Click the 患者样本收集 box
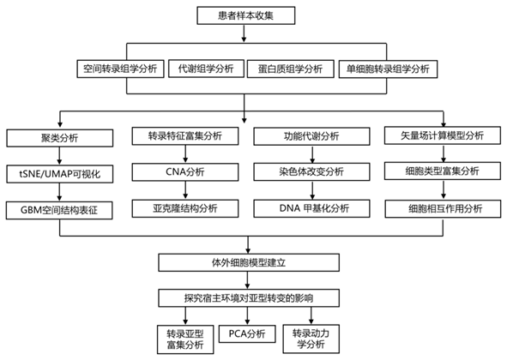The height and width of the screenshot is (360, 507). (x=245, y=15)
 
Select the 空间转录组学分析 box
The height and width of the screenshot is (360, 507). (x=120, y=69)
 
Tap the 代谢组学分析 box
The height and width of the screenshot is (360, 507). (x=206, y=69)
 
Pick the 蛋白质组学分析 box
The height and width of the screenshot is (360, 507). (x=290, y=69)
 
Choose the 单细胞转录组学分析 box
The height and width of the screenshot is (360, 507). (x=388, y=69)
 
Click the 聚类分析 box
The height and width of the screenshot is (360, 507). (x=59, y=138)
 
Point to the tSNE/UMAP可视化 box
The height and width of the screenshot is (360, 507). (x=59, y=174)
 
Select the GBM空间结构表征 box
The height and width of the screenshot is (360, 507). (x=59, y=210)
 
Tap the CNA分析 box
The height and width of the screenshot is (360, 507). (x=185, y=172)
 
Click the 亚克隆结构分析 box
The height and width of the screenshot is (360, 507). (x=185, y=208)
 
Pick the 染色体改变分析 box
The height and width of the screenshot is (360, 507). (x=311, y=171)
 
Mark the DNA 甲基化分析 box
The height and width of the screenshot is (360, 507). (x=311, y=208)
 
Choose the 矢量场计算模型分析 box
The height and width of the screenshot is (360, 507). (x=443, y=135)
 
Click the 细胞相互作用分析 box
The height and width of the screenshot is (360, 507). (x=443, y=209)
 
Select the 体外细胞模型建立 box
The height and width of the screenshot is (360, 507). (x=249, y=262)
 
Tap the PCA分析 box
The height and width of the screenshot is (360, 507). (x=247, y=333)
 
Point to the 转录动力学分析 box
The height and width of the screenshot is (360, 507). (x=311, y=339)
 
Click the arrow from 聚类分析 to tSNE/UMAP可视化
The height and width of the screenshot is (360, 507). (x=59, y=156)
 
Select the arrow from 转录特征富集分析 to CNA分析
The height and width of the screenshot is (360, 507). (x=185, y=153)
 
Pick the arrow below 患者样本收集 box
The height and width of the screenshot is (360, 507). (x=244, y=33)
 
